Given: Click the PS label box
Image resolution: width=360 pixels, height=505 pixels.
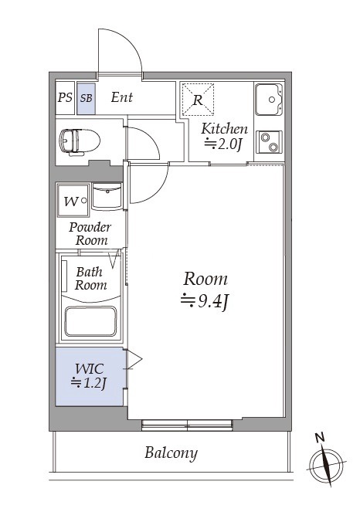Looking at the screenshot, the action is [65, 98].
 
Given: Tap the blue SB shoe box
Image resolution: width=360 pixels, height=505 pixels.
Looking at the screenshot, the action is [86, 99].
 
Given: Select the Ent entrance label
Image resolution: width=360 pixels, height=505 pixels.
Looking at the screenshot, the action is [122, 97].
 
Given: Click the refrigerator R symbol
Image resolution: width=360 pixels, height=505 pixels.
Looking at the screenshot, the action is [198, 100].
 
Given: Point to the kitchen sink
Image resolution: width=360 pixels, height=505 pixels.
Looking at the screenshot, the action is [269, 100].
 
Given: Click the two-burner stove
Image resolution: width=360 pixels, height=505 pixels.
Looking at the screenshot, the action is [269, 142].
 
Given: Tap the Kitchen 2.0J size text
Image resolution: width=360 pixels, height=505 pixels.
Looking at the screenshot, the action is [222, 144].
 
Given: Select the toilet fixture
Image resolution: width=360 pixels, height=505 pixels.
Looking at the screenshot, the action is [80, 142].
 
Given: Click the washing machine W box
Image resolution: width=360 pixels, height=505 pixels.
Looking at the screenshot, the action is [73, 201].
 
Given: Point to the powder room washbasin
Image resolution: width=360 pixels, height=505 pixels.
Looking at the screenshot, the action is [107, 196].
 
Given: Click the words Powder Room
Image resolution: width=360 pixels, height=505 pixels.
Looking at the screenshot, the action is [90, 234].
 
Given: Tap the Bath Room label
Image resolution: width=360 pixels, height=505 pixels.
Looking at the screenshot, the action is [90, 279].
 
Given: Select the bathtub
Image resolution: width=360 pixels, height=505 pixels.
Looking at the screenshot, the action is [90, 321].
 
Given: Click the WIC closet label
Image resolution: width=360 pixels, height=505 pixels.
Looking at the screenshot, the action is [90, 369].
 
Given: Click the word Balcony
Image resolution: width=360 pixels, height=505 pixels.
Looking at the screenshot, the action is [171, 452].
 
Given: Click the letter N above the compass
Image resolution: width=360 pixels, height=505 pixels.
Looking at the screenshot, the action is [320, 437].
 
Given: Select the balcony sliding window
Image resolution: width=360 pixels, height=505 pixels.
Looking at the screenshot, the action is [187, 425].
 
